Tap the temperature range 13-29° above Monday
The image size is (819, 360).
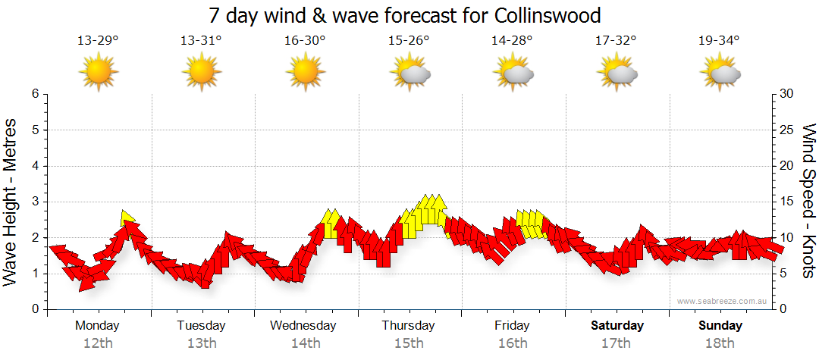click(x=97, y=41)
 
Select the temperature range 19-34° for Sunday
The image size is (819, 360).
click(x=719, y=41)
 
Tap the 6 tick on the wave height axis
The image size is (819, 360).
click(x=35, y=94)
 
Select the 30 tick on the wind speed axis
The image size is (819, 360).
click(x=787, y=94)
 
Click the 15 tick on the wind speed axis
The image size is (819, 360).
click(x=787, y=202)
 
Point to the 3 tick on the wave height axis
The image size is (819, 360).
click(x=35, y=202)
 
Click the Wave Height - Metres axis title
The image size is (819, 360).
click(x=11, y=202)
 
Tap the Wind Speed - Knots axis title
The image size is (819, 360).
click(x=808, y=202)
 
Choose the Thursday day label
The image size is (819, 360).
click(x=409, y=326)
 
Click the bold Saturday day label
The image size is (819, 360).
click(x=617, y=326)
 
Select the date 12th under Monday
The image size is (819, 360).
click(x=97, y=343)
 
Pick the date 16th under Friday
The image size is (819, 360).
click(x=513, y=343)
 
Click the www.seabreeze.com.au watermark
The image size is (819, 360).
click(x=723, y=301)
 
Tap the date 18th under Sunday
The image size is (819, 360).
click(x=720, y=343)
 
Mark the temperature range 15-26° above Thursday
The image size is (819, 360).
click(x=409, y=41)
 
